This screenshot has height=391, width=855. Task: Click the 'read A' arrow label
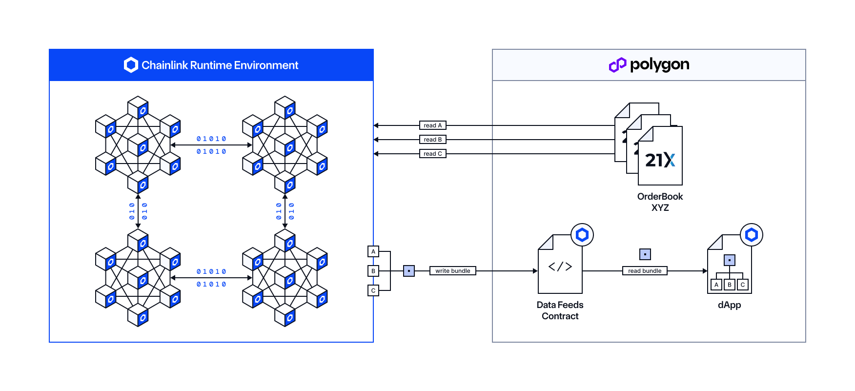(x=432, y=125)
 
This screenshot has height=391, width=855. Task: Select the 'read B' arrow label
(x=432, y=140)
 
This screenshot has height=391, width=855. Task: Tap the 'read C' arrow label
(x=432, y=154)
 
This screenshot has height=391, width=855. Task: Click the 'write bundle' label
(x=452, y=271)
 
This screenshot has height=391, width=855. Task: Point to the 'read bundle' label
(x=644, y=271)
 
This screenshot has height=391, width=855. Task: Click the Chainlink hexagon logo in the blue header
(x=131, y=65)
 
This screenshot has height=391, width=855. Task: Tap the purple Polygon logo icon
(x=617, y=64)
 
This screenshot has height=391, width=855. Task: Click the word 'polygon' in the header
(x=659, y=64)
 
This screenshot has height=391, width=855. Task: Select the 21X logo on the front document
(x=660, y=160)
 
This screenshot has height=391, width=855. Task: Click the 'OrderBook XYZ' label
(x=660, y=202)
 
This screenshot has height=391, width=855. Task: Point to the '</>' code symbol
(x=560, y=267)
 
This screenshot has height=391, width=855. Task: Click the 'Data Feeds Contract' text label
(x=560, y=310)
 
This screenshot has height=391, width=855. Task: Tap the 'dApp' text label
(x=729, y=305)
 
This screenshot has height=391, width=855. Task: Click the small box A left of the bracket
(x=373, y=251)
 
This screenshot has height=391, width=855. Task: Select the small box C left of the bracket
(x=373, y=290)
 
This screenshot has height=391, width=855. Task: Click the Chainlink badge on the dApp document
(x=751, y=235)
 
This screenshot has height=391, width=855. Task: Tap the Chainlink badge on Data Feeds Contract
(x=582, y=235)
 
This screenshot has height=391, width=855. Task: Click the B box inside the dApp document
(x=729, y=285)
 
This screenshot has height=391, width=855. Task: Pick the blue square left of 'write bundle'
(x=409, y=271)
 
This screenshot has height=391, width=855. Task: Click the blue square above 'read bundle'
(x=645, y=254)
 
